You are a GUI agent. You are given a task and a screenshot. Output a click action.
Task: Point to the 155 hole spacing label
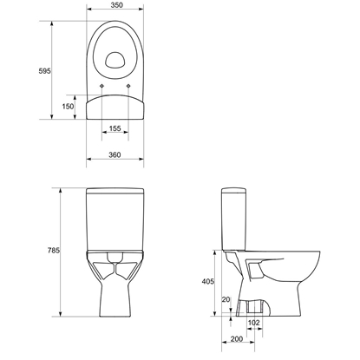115,129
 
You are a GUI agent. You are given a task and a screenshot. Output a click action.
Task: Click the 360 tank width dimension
115,154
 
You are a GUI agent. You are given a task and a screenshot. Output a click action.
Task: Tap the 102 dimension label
253,322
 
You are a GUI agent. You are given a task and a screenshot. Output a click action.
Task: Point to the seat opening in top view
115,61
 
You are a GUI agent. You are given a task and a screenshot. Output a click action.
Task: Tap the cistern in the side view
233,217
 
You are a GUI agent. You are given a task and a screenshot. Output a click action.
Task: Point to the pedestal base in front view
115,304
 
